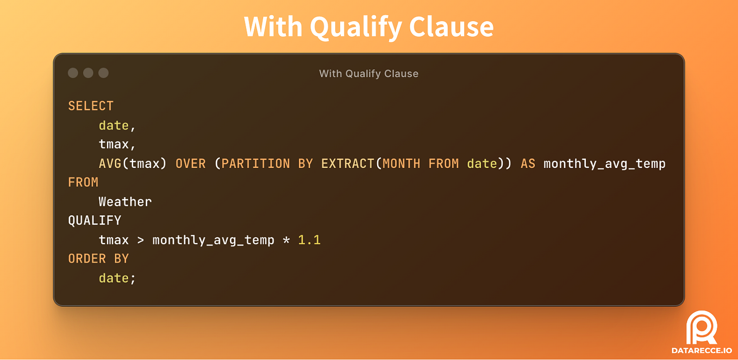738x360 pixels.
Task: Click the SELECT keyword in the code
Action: [91, 106]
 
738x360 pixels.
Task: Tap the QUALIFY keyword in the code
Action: [95, 221]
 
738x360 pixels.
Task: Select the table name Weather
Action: [125, 202]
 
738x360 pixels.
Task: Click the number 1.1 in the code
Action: [309, 240]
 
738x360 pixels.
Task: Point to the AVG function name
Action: [110, 164]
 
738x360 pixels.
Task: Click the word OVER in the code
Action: [190, 164]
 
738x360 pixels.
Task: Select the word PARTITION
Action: [255, 164]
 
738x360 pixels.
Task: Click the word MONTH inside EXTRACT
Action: [401, 164]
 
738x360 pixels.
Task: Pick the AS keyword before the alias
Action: [528, 164]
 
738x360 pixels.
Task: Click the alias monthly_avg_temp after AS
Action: [604, 164]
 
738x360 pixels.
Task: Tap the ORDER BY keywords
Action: [98, 259]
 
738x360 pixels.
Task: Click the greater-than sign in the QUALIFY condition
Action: [140, 240]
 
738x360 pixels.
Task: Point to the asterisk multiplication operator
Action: [286, 240]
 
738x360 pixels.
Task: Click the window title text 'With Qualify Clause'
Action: [368, 73]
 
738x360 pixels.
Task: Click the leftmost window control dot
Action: [73, 73]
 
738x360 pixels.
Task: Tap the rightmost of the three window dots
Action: [103, 73]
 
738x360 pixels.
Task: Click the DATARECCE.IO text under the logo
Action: [702, 351]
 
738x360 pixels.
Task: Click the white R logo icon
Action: [702, 327]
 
